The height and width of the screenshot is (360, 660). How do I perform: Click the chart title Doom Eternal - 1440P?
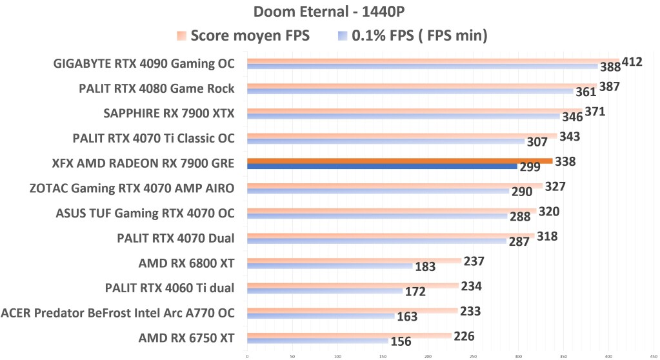[x=330, y=12]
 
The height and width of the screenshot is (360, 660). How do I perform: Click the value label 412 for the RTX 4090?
[x=632, y=62]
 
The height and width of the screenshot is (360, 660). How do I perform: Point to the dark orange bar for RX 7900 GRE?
[x=399, y=161]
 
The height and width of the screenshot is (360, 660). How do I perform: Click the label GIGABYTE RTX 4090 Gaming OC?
[x=144, y=64]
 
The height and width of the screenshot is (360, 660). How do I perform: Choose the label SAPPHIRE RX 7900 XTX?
[x=168, y=114]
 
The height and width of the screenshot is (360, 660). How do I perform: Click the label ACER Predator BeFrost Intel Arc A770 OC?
[x=117, y=313]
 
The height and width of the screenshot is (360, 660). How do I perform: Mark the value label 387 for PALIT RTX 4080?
[x=610, y=86]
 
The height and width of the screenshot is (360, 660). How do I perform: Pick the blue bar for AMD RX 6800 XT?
[x=330, y=266]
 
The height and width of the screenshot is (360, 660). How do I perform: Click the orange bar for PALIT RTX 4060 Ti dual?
[x=352, y=285]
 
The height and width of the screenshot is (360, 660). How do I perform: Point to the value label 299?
[x=530, y=167]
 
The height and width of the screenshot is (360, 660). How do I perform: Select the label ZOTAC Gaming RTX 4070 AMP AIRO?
[x=132, y=188]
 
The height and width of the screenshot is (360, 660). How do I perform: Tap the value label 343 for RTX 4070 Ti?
[x=570, y=136]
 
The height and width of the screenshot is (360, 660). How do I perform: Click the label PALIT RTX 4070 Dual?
[x=175, y=238]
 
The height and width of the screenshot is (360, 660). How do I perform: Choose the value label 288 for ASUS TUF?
[x=520, y=217]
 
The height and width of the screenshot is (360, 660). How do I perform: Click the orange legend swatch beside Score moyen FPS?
[x=182, y=36]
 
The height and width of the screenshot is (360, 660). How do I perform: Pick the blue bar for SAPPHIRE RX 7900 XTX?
[x=403, y=117]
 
